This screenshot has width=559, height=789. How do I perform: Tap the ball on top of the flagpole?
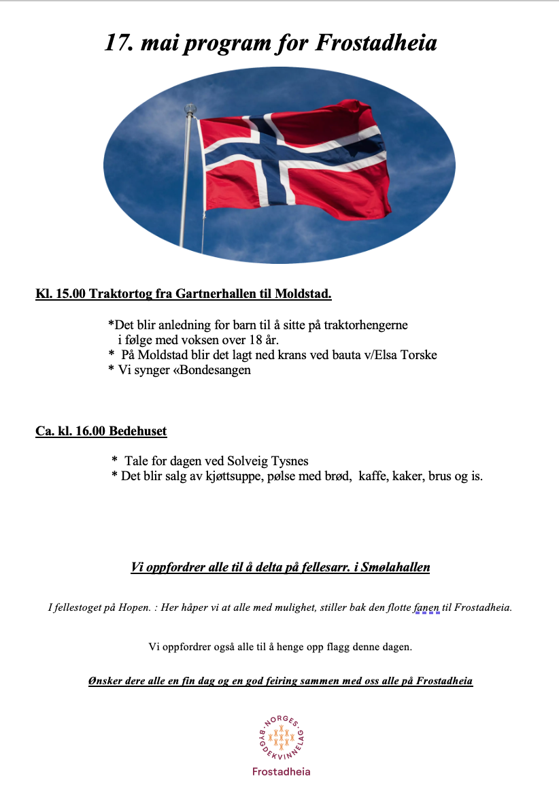(x=190, y=107)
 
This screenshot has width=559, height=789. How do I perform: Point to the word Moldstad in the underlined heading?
(x=303, y=295)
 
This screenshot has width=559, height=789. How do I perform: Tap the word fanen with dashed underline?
(x=427, y=607)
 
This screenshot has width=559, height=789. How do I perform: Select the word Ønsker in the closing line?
(x=104, y=681)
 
